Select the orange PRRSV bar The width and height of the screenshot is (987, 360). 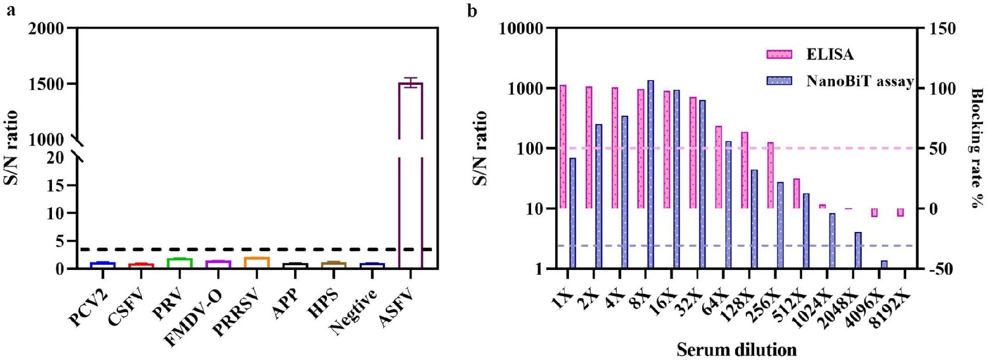257,262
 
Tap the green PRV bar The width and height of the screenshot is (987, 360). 179,263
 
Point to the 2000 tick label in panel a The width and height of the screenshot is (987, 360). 46,28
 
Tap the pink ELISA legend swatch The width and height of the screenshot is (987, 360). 779,55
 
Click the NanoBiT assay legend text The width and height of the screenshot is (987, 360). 860,81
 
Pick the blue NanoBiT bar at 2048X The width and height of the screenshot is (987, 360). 858,250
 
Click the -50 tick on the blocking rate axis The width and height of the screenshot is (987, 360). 942,269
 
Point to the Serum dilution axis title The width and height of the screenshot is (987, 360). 736,350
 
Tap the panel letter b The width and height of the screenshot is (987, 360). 472,10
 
